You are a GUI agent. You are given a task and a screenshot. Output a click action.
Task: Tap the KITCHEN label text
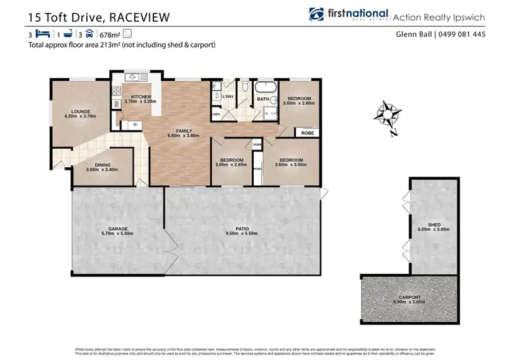[140, 97]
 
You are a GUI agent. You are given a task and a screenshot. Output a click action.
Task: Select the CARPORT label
[409, 297]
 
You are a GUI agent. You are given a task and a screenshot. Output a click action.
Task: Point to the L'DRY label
[227, 96]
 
